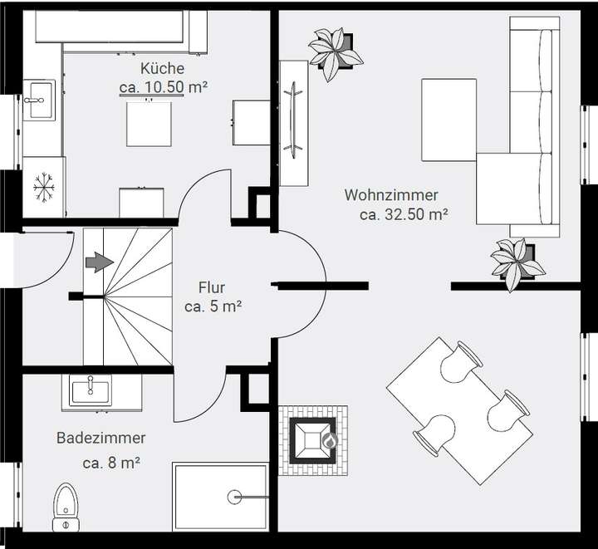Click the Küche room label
point(162,68)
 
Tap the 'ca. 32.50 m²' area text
point(404,214)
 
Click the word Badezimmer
point(101,438)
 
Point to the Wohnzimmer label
point(391,195)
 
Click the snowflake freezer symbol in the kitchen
point(43,189)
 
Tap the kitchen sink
point(38,103)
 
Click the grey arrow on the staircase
point(99,263)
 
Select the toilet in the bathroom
point(65,506)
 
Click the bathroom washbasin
point(90,390)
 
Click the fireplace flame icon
point(329,441)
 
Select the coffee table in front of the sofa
point(448,120)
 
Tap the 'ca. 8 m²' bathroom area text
point(110,463)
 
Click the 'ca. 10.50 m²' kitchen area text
point(162,86)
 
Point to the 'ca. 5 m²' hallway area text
point(213,306)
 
